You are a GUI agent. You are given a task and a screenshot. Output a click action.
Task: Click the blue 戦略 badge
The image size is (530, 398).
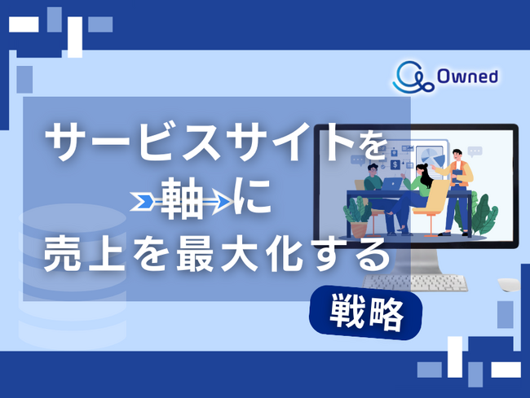[x=367, y=312]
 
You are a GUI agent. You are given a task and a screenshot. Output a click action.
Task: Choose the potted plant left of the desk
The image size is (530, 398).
[x=357, y=213]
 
